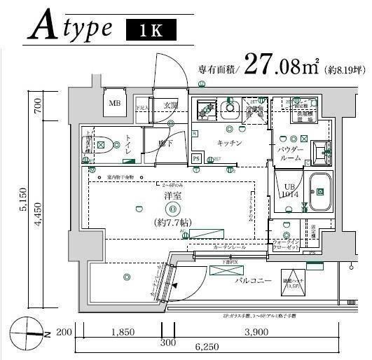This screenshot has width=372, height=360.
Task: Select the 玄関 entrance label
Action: [x=171, y=105]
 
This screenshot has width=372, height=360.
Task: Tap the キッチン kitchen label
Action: [x=229, y=143]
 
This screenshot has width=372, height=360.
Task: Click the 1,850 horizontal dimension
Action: [x=122, y=332]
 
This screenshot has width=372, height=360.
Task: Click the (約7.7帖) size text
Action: [x=172, y=223]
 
